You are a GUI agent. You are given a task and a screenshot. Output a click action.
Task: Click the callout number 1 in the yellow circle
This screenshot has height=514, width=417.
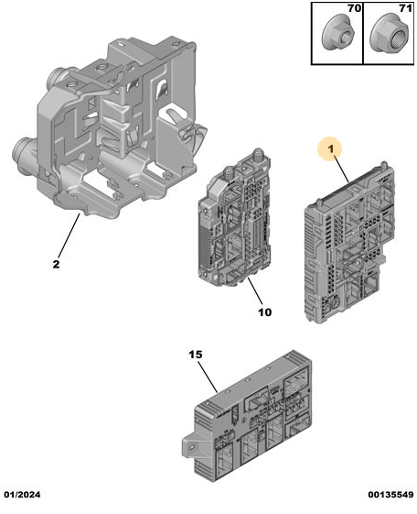pos(331,149)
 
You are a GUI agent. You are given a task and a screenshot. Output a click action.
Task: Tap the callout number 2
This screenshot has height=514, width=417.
pos(57,264)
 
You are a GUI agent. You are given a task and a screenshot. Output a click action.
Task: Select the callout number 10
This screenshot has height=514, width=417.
pos(265,312)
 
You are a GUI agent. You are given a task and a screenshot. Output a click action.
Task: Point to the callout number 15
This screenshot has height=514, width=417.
pos(196,355)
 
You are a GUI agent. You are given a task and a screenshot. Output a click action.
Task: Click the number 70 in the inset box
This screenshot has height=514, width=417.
pos(354,8)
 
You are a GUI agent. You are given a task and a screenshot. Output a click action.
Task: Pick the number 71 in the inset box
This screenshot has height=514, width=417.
pos(405,8)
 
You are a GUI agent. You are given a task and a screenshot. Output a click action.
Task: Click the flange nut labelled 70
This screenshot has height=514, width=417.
pos(338,33)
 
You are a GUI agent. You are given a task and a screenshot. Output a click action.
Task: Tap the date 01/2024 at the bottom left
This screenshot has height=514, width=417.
pos(22,495)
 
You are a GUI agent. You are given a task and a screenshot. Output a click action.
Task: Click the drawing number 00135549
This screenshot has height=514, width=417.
pos(390,495)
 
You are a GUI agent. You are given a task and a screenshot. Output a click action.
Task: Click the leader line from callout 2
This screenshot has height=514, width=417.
pos(69,235)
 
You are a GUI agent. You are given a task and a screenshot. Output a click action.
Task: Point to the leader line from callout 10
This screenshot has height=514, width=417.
pos(255,290)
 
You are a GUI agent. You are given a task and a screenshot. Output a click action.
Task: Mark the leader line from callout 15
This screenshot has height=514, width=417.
pos(208,377)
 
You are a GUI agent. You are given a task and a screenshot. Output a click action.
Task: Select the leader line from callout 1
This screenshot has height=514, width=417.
pos(341,169)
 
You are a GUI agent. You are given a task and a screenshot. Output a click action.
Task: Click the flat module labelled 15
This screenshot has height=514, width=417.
pos(247,416)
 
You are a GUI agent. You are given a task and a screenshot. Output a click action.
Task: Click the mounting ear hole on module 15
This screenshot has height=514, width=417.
pos(192,446)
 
